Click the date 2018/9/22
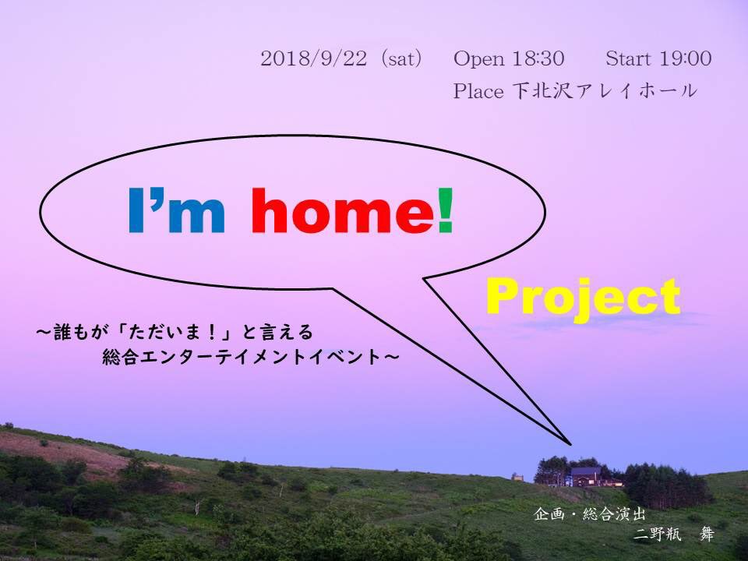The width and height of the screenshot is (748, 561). point(314,58)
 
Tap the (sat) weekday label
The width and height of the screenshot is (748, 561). point(401,58)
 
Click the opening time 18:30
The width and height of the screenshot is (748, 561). point(538,58)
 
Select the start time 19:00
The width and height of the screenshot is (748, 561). point(685,58)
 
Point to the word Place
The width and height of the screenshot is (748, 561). point(478,90)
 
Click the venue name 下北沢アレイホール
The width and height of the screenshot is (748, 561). point(605,90)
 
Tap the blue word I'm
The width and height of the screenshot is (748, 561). point(177,210)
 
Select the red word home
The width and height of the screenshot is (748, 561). point(343,210)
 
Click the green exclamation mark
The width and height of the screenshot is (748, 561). point(445,210)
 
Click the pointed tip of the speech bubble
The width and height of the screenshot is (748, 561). point(570,444)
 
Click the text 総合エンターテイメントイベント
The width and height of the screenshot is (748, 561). point(242,357)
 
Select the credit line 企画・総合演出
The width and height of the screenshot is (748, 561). point(590,514)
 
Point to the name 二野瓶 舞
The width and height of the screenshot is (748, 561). point(673,535)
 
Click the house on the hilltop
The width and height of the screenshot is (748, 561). point(586,476)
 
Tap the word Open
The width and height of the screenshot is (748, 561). point(478,59)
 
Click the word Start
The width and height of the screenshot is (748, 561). point(628,58)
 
